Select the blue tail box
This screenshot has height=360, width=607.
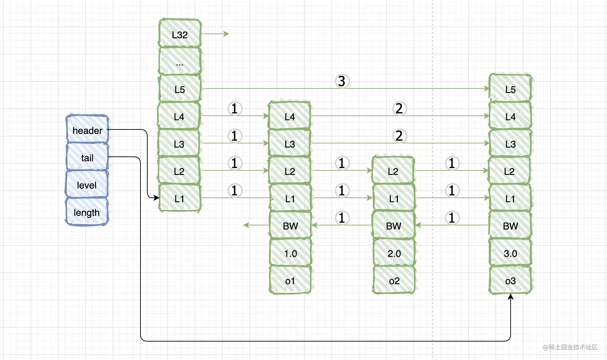pyautogui.click(x=87, y=157)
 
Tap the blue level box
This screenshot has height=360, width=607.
pyautogui.click(x=87, y=184)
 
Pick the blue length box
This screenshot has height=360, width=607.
pyautogui.click(x=87, y=212)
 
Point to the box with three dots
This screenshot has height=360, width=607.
pyautogui.click(x=180, y=61)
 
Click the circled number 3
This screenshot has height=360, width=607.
pyautogui.click(x=342, y=81)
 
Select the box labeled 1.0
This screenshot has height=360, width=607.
pyautogui.click(x=290, y=253)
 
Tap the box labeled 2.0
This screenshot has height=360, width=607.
pyautogui.click(x=394, y=253)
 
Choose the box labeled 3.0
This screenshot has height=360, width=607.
pyautogui.click(x=510, y=253)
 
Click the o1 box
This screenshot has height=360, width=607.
pyautogui.click(x=290, y=280)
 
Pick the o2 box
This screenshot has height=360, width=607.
pyautogui.click(x=394, y=280)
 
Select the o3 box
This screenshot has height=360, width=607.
pyautogui.click(x=510, y=280)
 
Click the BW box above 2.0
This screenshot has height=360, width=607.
pyautogui.click(x=394, y=225)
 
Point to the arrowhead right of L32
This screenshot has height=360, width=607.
pyautogui.click(x=226, y=33)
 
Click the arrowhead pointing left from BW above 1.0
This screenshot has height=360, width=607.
pyautogui.click(x=246, y=225)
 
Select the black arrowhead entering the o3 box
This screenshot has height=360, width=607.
pyautogui.click(x=511, y=297)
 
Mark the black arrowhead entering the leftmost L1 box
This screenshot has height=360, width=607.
pyautogui.click(x=156, y=197)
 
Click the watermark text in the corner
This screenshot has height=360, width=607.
pyautogui.click(x=570, y=347)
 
